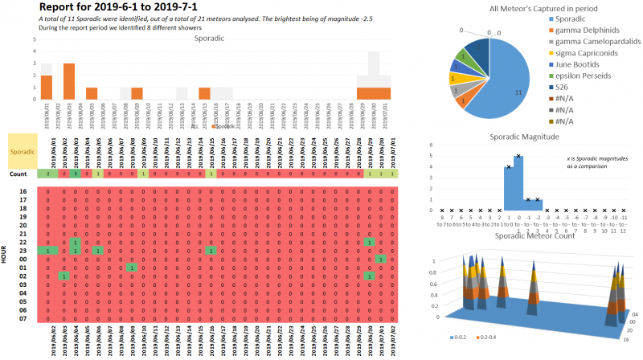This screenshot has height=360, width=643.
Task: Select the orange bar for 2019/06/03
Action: [69, 81]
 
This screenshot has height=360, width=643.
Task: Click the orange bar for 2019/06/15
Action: [204, 93]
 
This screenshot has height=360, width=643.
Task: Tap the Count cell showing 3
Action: [74, 174]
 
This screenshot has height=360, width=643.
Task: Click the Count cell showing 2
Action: [49, 174]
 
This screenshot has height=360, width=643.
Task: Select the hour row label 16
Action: [23, 191]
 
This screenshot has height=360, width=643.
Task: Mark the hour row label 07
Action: [23, 318]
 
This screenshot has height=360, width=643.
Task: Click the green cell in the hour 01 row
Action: [132, 267]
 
